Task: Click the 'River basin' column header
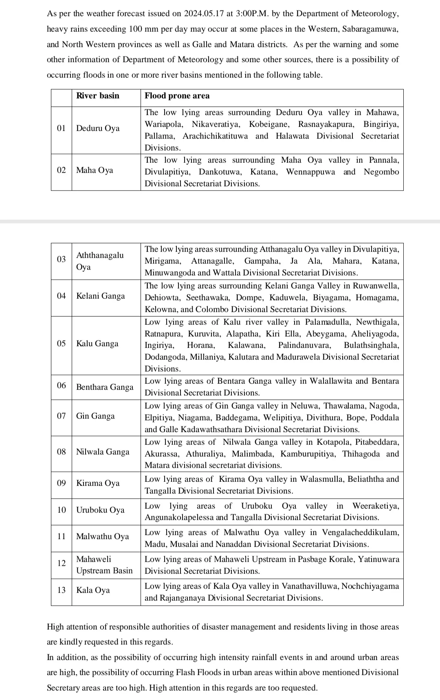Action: click(x=98, y=96)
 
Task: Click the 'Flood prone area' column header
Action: click(x=177, y=96)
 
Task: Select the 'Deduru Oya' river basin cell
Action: click(x=98, y=129)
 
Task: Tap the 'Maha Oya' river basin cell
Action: click(x=95, y=171)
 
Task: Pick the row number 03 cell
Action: click(x=61, y=259)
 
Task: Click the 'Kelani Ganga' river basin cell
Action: click(x=101, y=296)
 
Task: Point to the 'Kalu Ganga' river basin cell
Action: click(x=97, y=344)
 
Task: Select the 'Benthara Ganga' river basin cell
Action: click(x=105, y=387)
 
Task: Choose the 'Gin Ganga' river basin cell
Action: click(x=95, y=416)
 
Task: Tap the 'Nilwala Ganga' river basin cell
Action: click(x=103, y=452)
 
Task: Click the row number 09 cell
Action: click(x=61, y=483)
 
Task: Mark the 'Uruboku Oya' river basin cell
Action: click(x=100, y=510)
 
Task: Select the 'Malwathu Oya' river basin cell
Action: click(x=103, y=537)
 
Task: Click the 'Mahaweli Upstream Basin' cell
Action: click(x=104, y=565)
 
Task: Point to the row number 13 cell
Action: click(x=61, y=591)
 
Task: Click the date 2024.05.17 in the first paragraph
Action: click(x=202, y=14)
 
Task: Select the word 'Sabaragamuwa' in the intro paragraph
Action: click(x=370, y=29)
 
